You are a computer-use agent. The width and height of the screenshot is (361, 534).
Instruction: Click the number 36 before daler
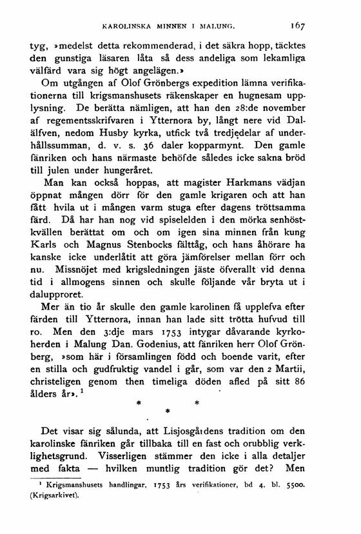[x=159, y=164]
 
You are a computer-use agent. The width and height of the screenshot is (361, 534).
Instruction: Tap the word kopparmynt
[x=224, y=164]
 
